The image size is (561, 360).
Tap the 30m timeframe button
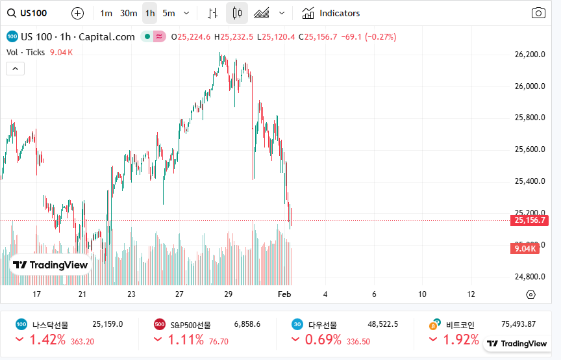[129, 13]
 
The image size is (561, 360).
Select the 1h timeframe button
[150, 13]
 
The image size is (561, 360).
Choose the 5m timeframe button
[169, 13]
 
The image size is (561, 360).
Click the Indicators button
[331, 13]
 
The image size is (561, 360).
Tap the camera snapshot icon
[538, 13]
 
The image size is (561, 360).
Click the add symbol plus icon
[77, 13]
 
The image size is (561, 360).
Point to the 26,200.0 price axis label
[529, 55]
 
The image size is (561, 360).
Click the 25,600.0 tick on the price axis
[529, 149]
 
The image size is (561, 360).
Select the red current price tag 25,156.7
[530, 220]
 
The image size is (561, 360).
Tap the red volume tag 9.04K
[525, 249]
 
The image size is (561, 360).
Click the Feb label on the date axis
[284, 294]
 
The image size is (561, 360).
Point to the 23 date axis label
[131, 294]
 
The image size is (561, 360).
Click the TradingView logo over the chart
[51, 265]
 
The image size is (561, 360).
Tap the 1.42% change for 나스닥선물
[47, 340]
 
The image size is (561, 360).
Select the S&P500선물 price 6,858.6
[247, 324]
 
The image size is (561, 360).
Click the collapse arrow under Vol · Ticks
[16, 68]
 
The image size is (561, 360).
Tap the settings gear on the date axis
[530, 294]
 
